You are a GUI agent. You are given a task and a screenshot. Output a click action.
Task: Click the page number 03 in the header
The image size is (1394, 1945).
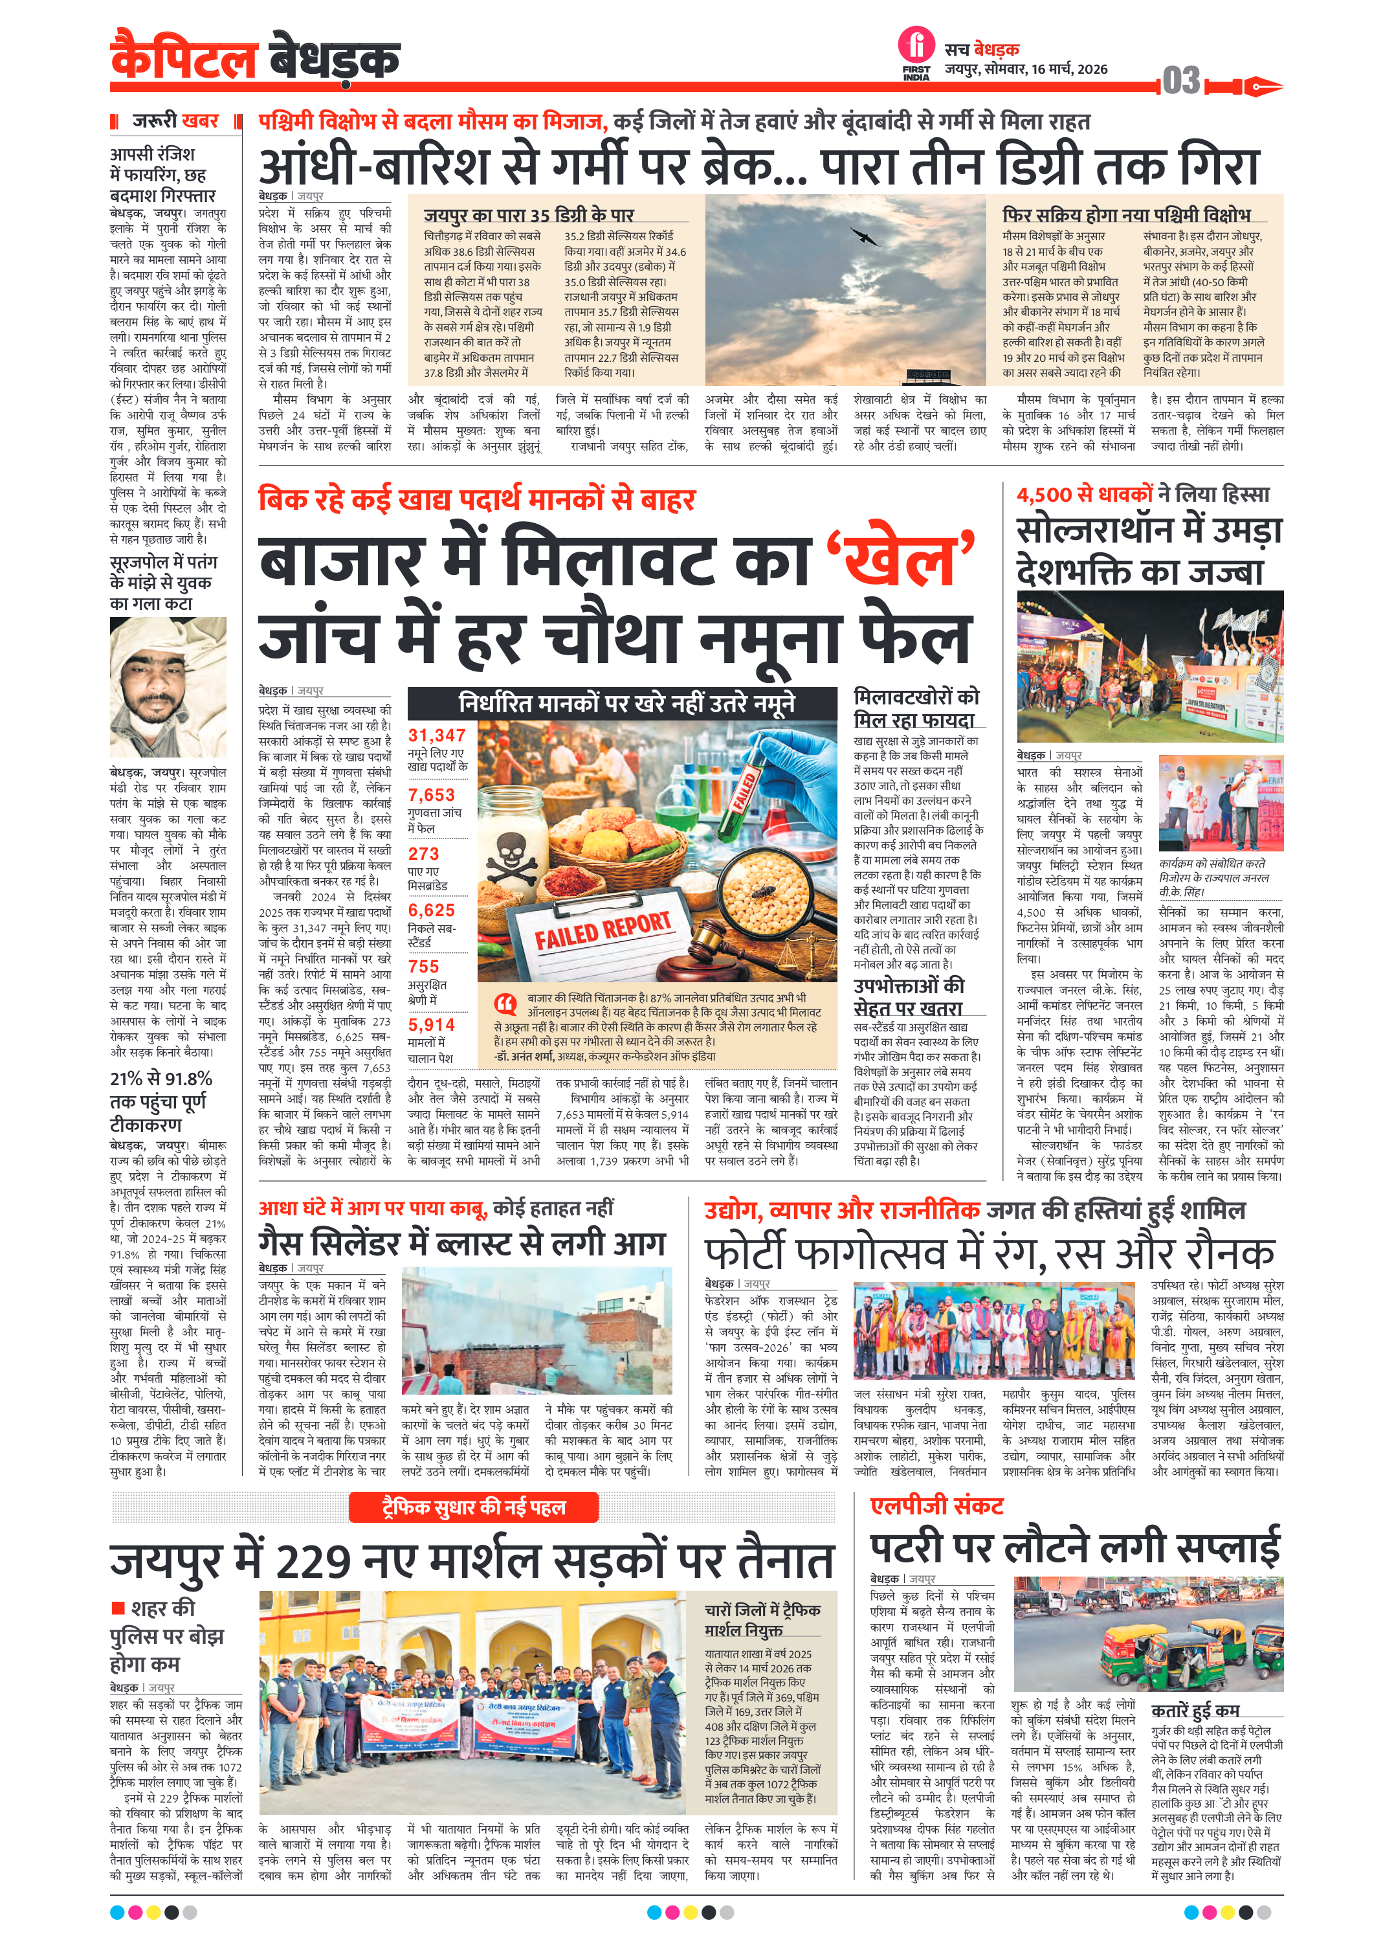tap(1180, 81)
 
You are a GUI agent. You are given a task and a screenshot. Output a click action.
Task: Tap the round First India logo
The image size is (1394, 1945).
tap(916, 45)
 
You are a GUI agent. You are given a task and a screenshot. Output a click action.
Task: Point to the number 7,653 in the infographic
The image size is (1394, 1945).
tap(431, 795)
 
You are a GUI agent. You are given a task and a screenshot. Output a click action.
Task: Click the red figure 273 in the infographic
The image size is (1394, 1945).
tap(423, 853)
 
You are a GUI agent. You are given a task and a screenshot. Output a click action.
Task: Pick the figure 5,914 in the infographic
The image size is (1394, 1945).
tap(431, 1025)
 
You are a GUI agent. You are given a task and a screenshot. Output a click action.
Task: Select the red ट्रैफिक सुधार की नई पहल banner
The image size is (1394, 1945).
tap(473, 1507)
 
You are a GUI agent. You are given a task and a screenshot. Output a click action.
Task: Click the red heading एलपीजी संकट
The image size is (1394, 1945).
tap(936, 1505)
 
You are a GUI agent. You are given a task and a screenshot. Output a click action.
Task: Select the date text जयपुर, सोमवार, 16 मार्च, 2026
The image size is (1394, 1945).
tap(1026, 69)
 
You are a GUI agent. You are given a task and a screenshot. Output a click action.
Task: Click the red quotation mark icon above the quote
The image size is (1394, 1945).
tap(506, 1002)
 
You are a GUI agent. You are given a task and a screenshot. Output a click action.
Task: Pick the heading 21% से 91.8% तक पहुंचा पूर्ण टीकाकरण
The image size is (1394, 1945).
tap(161, 1101)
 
